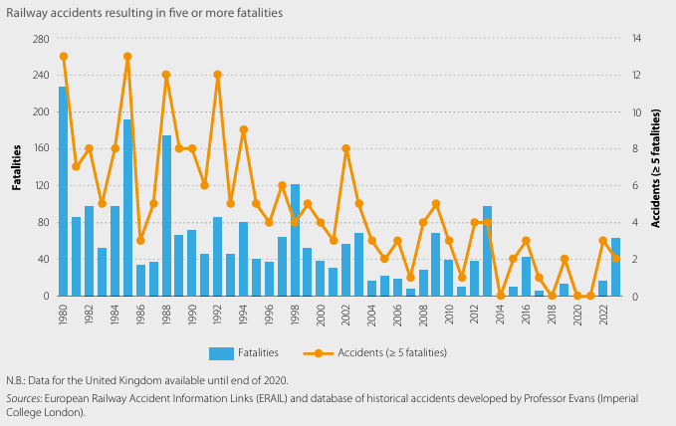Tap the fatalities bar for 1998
point(295,240)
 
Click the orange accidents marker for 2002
point(346,148)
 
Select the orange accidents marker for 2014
point(501,296)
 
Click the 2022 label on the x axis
point(603,317)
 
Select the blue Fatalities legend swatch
point(222,352)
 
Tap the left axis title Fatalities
point(17,166)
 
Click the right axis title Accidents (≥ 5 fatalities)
point(656,167)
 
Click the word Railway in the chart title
point(31,13)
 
